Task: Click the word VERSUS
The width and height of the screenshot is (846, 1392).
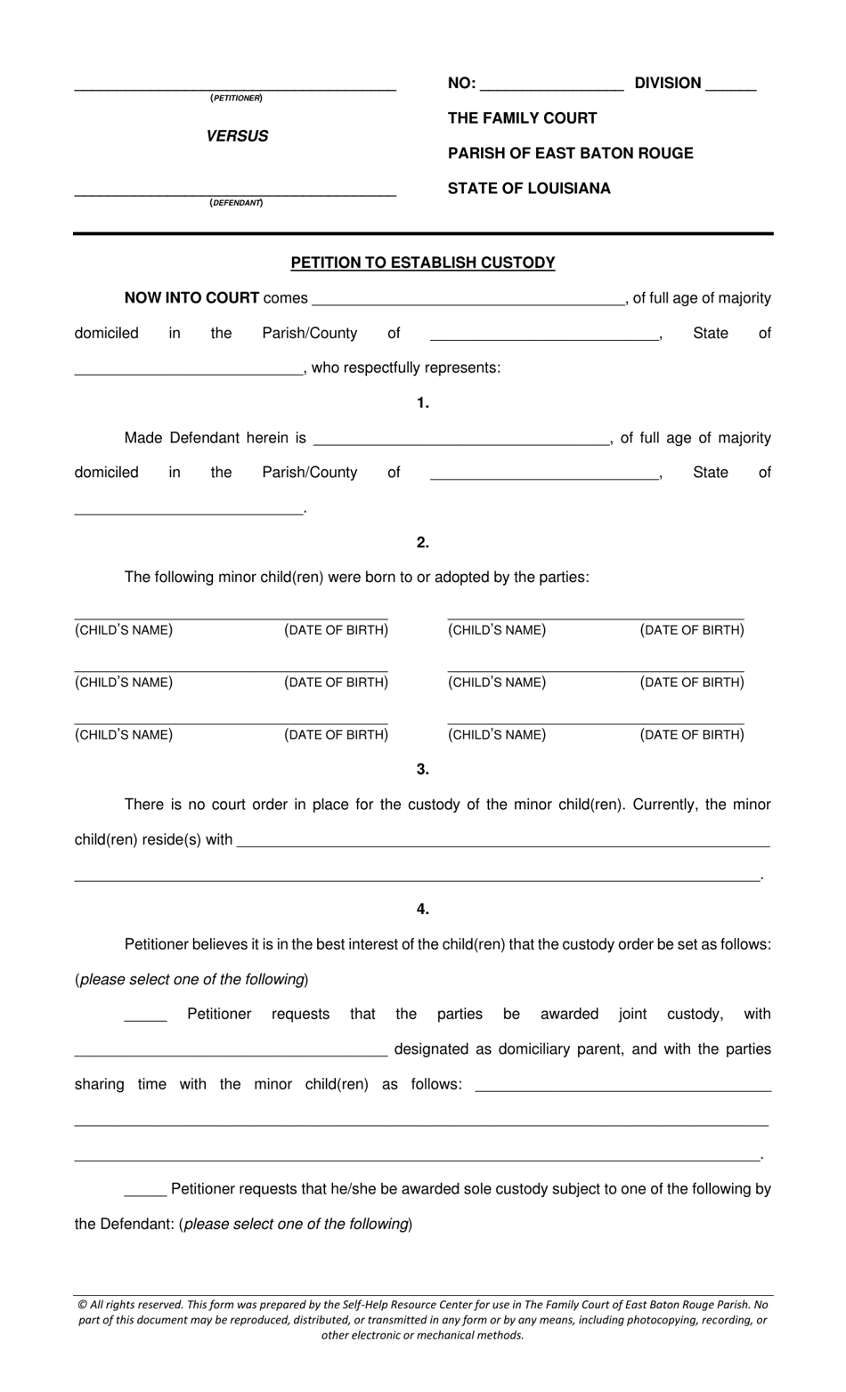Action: [237, 136]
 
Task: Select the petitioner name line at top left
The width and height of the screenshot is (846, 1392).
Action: [235, 87]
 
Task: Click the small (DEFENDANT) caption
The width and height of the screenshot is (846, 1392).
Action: [236, 203]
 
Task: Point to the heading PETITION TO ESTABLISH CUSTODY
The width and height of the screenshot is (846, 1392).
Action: [423, 263]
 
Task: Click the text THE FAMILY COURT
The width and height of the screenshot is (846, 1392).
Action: [522, 118]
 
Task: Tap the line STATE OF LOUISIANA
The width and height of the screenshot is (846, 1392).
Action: [529, 189]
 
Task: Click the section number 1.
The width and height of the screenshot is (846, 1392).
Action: [423, 403]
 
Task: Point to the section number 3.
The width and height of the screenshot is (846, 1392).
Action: [423, 770]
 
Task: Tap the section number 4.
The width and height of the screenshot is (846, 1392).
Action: [423, 910]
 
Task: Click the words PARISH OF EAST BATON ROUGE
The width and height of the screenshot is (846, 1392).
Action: [570, 153]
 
